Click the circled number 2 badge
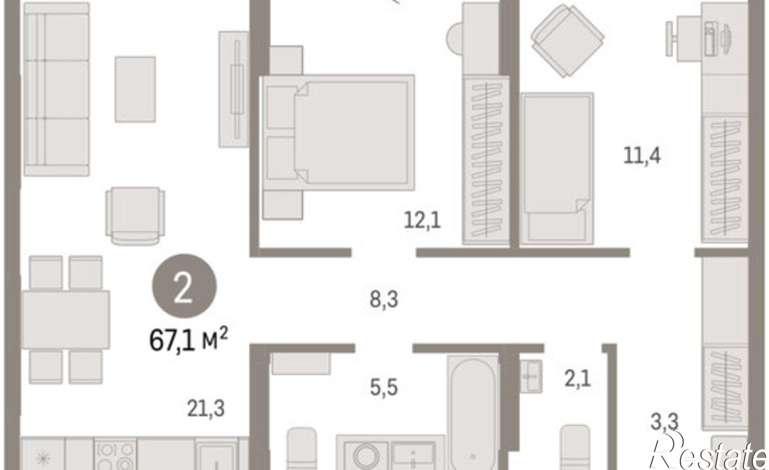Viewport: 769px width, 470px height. point(185,285)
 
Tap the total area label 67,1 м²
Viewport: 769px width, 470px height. point(188,340)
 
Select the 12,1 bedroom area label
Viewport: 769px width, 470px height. point(422,221)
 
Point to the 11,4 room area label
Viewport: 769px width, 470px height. point(642,156)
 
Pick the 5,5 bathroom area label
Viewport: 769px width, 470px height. point(384,387)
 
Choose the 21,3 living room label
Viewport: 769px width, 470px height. point(206,409)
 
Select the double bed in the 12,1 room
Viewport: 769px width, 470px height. point(338,133)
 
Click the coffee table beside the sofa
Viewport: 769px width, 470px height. point(135,89)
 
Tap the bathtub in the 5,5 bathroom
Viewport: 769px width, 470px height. point(473,413)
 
